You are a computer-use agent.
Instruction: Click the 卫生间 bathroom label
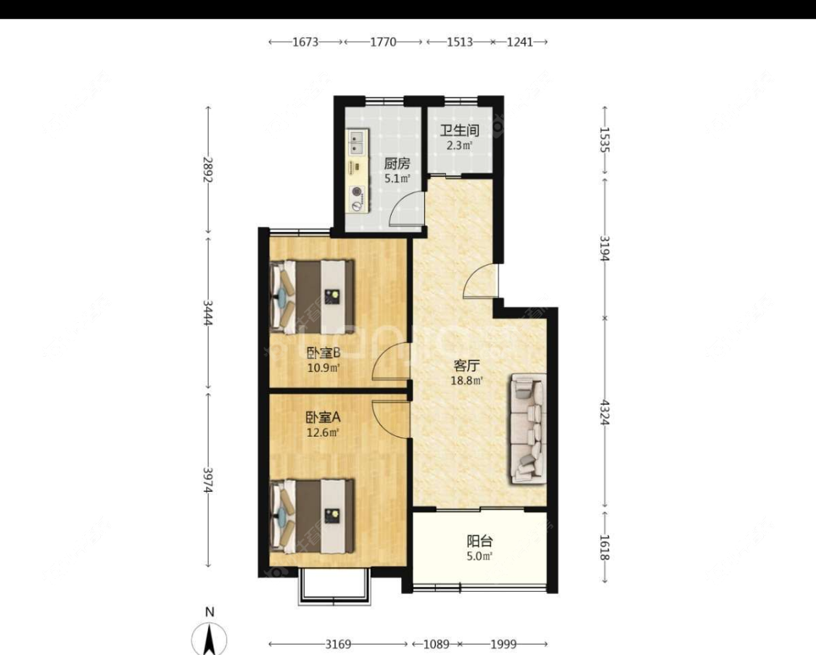click(x=460, y=131)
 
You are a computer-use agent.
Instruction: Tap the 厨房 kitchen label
click(x=397, y=163)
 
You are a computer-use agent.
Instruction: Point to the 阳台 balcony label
click(x=479, y=541)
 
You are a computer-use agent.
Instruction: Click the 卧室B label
click(x=323, y=353)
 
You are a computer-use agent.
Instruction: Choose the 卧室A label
click(x=323, y=418)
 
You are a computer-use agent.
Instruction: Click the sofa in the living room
click(x=529, y=428)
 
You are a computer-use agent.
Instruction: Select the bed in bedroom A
click(x=313, y=515)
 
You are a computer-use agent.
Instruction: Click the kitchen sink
click(x=358, y=142)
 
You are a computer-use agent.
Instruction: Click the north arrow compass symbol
click(x=209, y=638)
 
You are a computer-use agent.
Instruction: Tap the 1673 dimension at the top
click(x=306, y=42)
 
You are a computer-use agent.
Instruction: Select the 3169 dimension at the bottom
click(x=338, y=644)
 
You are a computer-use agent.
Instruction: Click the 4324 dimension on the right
click(x=605, y=411)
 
